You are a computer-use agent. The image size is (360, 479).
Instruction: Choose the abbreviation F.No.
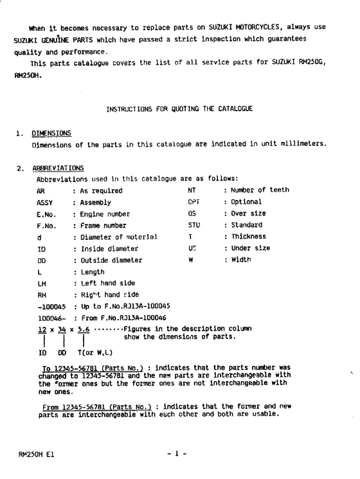(x=45, y=226)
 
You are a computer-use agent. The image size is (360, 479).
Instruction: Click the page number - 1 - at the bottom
(x=177, y=455)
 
